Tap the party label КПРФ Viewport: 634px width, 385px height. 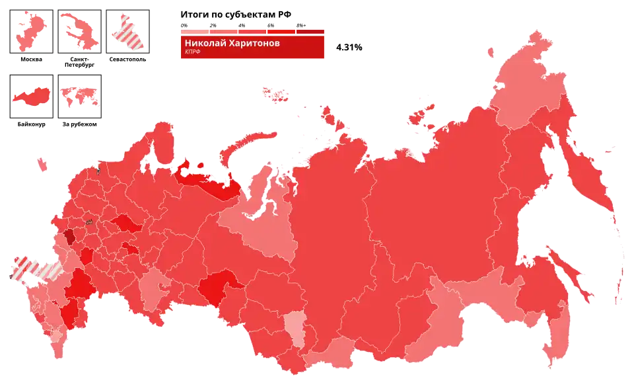tap(192, 52)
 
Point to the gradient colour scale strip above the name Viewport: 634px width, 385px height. tap(252, 30)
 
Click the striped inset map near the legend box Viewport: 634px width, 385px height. tap(129, 31)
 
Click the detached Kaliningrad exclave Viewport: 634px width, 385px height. tap(40, 161)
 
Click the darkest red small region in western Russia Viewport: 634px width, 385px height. tap(69, 237)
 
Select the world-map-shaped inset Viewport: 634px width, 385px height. tap(80, 97)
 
